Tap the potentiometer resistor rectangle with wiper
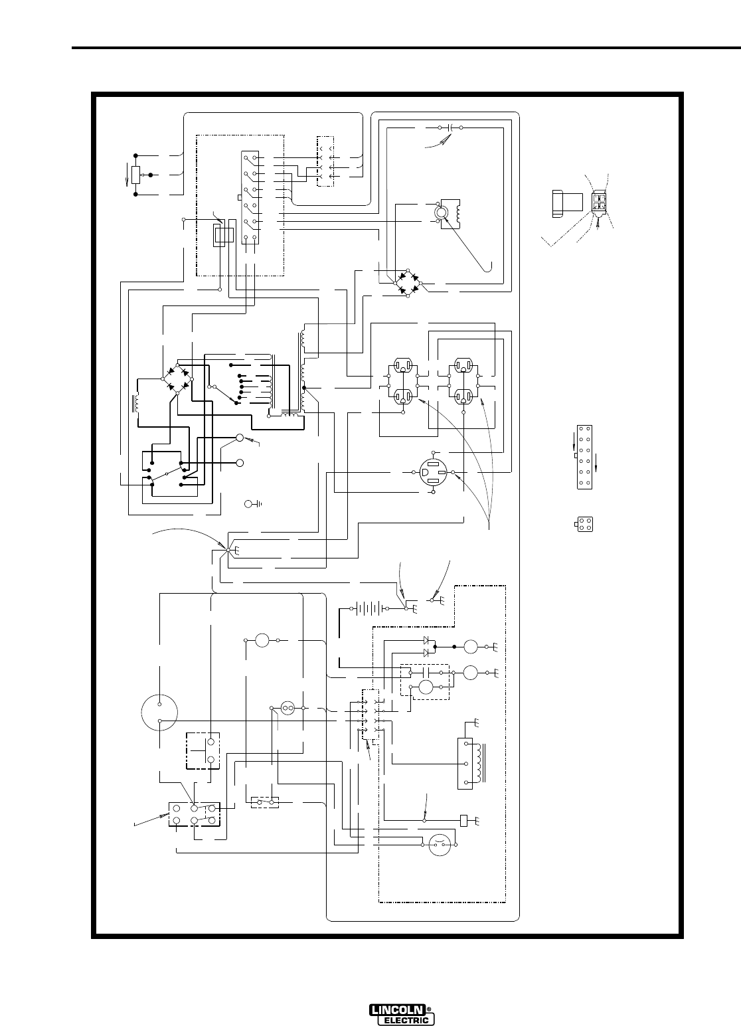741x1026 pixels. (x=136, y=175)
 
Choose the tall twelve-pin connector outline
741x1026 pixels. (x=584, y=458)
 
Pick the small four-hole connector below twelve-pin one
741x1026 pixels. (x=585, y=524)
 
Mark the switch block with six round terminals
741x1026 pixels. (x=193, y=815)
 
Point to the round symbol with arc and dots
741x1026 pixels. (x=437, y=845)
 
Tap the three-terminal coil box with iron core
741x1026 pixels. (x=470, y=764)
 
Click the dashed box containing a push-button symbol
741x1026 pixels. (x=203, y=750)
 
